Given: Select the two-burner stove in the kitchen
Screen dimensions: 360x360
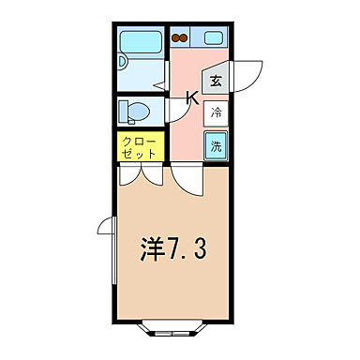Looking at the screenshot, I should (180, 39).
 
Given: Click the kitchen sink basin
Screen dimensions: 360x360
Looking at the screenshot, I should (212, 39).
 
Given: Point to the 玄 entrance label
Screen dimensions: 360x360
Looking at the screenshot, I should (216, 81).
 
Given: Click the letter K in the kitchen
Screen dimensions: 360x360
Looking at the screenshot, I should (191, 97).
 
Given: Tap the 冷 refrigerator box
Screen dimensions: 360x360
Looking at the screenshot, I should (216, 113).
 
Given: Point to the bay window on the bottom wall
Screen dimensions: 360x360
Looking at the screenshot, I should (173, 329).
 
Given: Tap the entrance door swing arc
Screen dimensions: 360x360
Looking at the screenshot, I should (246, 75).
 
